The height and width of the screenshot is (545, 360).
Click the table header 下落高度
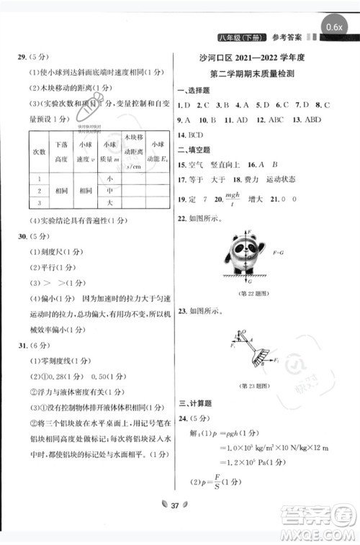point(61,153)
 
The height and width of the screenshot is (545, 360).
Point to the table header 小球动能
point(157,153)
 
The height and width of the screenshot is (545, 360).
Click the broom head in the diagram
point(262,355)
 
